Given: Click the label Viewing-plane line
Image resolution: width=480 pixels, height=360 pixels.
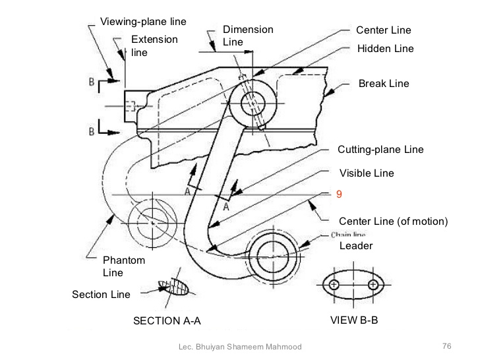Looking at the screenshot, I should point(143,22).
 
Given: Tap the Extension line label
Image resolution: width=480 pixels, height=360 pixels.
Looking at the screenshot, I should point(154,45).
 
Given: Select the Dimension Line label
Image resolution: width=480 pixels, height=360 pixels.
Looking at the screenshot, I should point(247,36).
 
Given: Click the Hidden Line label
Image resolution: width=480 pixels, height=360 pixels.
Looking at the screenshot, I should point(386,49).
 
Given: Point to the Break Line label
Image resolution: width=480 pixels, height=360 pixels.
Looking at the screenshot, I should point(384,84).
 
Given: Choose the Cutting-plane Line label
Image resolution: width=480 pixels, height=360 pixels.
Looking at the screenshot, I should point(380,150).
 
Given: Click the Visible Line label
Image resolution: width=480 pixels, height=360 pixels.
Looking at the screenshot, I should point(367,173).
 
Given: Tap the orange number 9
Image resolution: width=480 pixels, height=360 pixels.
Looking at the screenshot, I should point(339,195).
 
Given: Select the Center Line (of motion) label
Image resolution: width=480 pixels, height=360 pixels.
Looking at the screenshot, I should point(393,222).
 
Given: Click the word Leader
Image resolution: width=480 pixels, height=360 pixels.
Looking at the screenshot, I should point(356,246).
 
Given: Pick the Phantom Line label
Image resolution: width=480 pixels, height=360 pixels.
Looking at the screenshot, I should point(123,266).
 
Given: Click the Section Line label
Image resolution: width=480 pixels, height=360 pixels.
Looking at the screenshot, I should point(101,294).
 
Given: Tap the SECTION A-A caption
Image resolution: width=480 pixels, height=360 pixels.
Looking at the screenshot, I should point(167,321).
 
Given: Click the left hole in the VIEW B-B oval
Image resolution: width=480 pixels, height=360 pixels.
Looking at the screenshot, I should point(334,285).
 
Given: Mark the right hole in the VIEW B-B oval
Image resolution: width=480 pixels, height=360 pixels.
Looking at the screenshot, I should point(374,285).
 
